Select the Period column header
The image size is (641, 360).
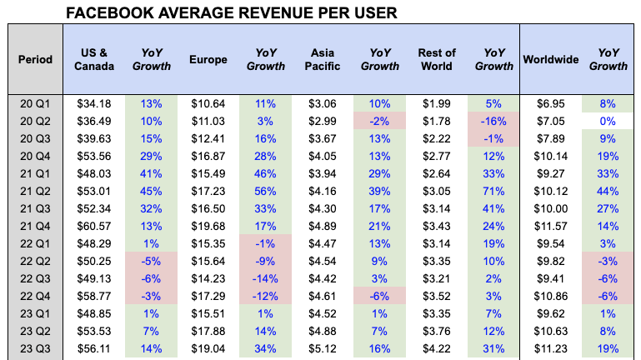point(35,59)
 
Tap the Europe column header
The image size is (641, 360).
point(208,59)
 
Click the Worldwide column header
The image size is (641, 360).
point(551,59)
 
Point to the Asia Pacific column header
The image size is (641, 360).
point(323,59)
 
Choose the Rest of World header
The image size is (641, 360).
point(437,59)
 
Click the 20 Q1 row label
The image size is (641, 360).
point(36,103)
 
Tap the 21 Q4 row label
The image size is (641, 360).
point(36,227)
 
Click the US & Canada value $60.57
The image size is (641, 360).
point(93,227)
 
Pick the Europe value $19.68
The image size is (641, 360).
point(208,227)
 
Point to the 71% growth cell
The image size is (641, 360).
point(494,191)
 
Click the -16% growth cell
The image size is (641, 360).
point(494,121)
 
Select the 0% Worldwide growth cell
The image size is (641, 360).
point(608,121)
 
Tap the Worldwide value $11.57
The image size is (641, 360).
point(551,227)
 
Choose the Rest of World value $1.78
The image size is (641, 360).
point(437,121)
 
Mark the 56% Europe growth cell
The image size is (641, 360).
point(266,191)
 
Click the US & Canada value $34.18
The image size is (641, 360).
point(93,103)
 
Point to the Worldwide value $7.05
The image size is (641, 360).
point(551,121)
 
